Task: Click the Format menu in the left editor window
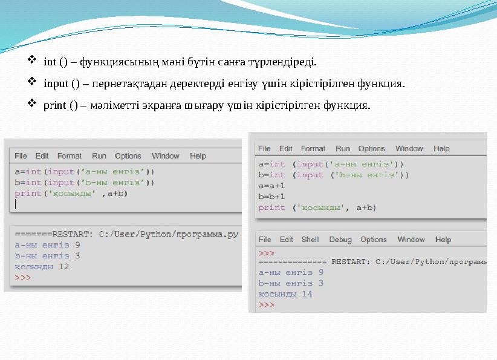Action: tap(70, 156)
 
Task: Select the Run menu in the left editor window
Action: tap(99, 156)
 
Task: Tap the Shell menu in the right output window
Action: tap(310, 240)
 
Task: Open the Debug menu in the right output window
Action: tap(340, 240)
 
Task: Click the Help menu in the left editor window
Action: tap(198, 156)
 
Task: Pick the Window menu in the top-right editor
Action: tap(409, 149)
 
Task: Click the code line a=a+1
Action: tap(271, 186)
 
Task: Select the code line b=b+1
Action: tap(271, 197)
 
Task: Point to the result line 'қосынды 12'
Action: tap(42, 267)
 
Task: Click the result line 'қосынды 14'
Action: tap(285, 294)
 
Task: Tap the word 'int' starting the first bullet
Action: tap(50, 62)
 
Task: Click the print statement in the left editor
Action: tap(71, 194)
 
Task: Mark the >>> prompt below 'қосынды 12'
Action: tap(23, 278)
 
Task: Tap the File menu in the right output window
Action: tap(265, 240)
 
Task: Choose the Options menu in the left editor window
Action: tap(128, 156)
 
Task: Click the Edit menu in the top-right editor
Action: tap(286, 149)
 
